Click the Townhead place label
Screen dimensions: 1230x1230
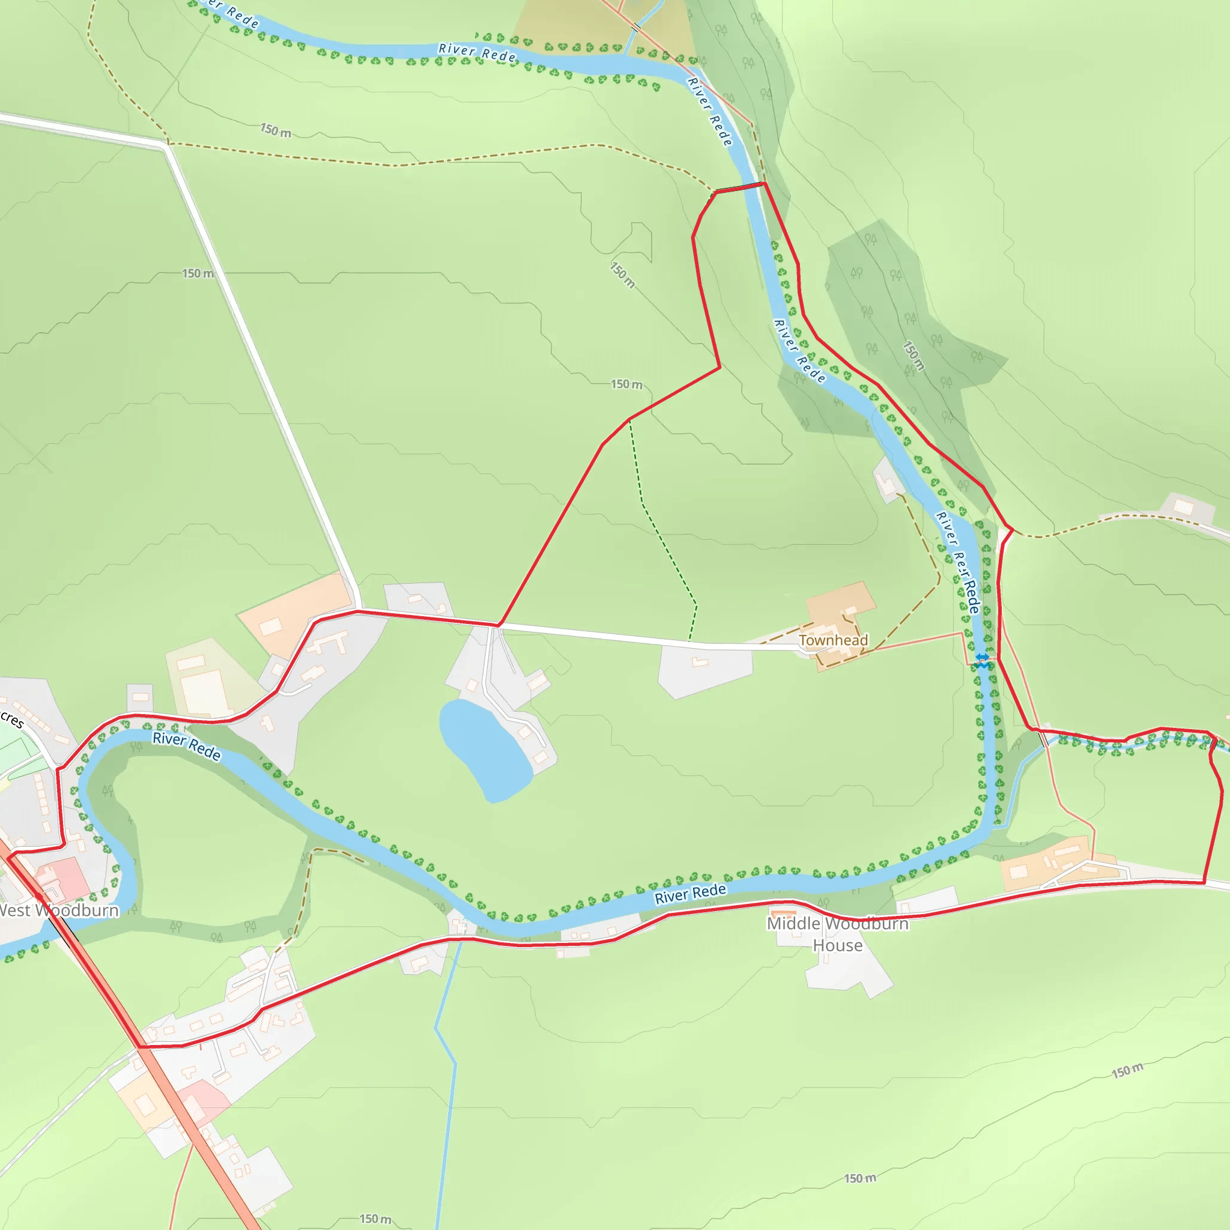(833, 640)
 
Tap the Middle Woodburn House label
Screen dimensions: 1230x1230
(837, 933)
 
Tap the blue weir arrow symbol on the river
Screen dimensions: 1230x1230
(983, 659)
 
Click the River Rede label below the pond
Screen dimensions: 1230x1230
(690, 894)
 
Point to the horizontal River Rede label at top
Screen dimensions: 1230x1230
(477, 53)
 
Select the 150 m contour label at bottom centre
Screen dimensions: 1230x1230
(859, 1178)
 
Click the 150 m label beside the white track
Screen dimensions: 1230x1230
(198, 273)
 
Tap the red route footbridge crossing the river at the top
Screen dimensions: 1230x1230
(739, 187)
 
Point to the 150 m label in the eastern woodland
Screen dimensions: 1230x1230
(913, 356)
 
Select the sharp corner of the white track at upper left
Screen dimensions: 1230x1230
(168, 145)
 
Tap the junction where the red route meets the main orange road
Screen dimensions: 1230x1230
(139, 1046)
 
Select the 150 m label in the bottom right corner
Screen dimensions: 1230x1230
(1127, 1071)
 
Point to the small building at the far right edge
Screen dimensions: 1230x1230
(1183, 507)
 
